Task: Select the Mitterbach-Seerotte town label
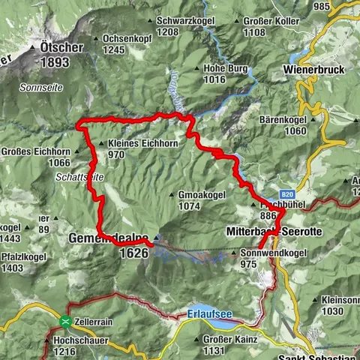point(274,232)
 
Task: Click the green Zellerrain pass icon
point(66,322)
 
